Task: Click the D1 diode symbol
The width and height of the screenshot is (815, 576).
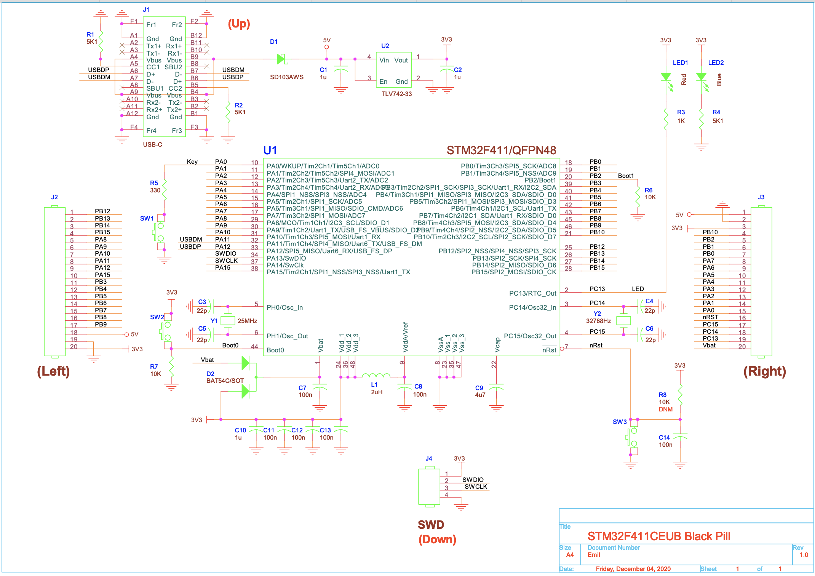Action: click(x=281, y=59)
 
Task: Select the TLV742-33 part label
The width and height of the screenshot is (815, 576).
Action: click(x=396, y=94)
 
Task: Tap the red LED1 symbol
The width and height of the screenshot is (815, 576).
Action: click(x=666, y=77)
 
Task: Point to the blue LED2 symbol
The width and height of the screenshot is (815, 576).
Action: click(x=701, y=77)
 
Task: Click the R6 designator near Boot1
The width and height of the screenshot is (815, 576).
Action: click(x=648, y=190)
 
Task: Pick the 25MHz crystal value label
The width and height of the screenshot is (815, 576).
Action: click(x=247, y=321)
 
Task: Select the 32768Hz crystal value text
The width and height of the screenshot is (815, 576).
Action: click(x=598, y=321)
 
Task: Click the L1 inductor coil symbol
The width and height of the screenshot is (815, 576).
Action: click(x=376, y=376)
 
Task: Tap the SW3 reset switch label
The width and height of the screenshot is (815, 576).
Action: click(x=620, y=422)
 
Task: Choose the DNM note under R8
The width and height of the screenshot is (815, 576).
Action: click(x=665, y=409)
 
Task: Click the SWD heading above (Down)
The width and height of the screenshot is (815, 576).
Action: click(x=431, y=525)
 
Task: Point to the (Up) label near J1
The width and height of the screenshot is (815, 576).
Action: click(x=239, y=24)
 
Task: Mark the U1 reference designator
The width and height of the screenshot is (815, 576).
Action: click(x=270, y=150)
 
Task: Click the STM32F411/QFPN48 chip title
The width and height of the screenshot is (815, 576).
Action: click(x=501, y=150)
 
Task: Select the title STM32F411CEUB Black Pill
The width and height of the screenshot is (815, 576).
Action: click(x=658, y=536)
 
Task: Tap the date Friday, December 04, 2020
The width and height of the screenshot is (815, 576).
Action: click(x=633, y=569)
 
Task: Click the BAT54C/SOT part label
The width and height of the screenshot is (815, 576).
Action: click(x=225, y=381)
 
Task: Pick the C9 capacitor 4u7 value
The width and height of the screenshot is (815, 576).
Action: click(x=480, y=395)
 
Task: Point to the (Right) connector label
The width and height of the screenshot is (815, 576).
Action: click(x=764, y=371)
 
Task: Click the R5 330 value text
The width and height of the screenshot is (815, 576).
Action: click(x=155, y=190)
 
